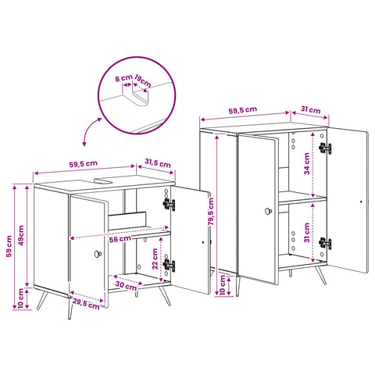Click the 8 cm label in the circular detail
[123, 78]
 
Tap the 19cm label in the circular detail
[143, 81]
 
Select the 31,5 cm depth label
[158, 163]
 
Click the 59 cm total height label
[9, 246]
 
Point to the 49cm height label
[21, 235]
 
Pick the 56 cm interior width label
[120, 239]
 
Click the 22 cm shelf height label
[155, 259]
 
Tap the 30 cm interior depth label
[126, 286]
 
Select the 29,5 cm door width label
[86, 304]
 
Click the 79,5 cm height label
[211, 212]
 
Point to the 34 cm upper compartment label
[307, 164]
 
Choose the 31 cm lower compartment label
[307, 233]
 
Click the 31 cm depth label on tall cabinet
[311, 109]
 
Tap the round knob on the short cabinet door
[98, 254]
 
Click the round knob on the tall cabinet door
[269, 211]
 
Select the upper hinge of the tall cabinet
[325, 148]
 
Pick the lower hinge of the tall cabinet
[325, 243]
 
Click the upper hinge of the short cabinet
[169, 205]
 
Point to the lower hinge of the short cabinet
[169, 266]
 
